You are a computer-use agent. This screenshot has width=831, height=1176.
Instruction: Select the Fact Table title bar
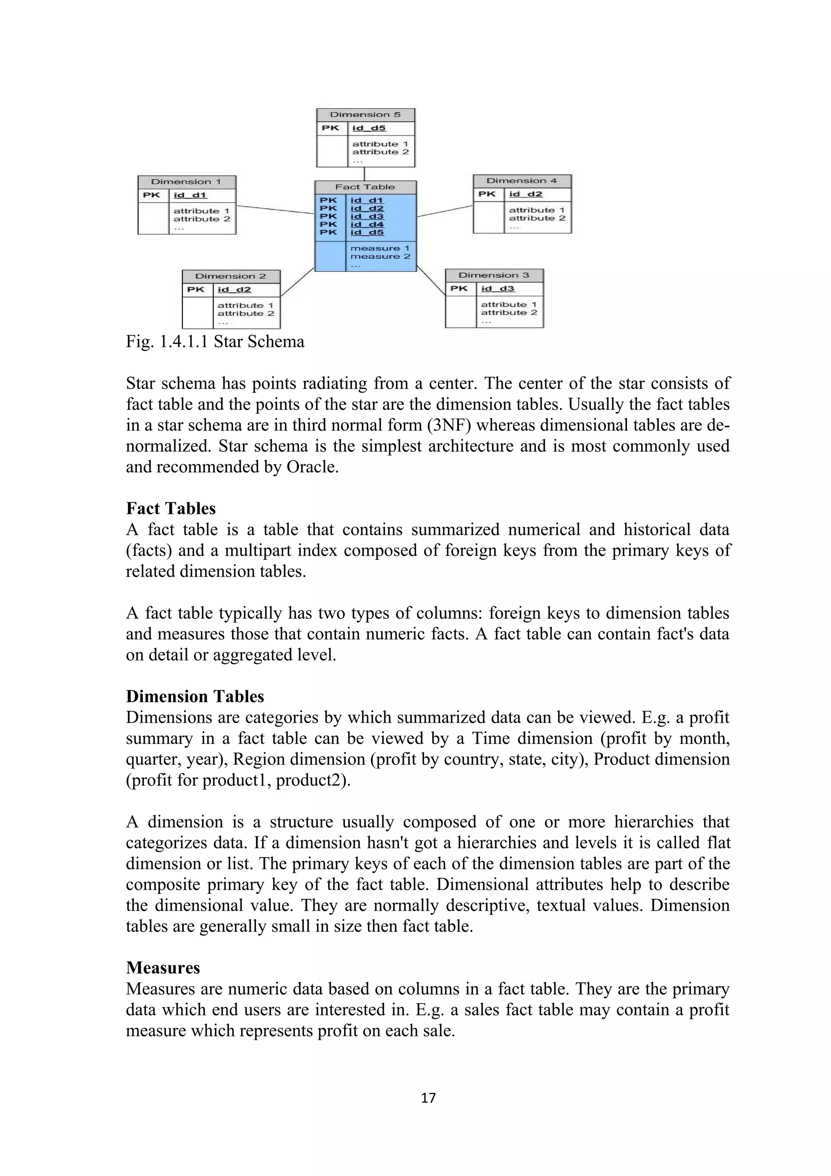(365, 187)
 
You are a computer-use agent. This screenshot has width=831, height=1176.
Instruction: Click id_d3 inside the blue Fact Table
(366, 217)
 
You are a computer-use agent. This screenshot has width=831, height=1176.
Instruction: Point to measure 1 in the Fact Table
(380, 248)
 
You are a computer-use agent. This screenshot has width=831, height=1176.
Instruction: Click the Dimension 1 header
(186, 182)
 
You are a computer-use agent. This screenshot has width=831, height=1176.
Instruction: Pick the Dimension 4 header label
(522, 181)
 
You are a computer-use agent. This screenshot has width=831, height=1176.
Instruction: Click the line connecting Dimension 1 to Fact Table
(275, 209)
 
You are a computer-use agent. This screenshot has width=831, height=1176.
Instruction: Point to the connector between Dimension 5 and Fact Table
(364, 174)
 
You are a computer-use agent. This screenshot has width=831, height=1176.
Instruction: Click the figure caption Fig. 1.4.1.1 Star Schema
(215, 342)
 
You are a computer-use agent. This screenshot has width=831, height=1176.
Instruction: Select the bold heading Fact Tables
(171, 508)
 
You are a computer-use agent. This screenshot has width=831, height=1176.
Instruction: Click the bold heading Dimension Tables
(195, 697)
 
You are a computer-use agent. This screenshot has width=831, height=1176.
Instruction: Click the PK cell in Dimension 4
(487, 194)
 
